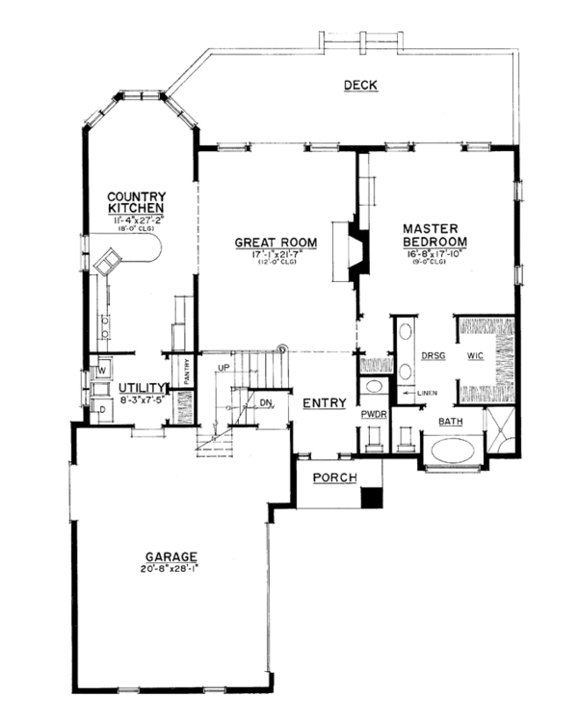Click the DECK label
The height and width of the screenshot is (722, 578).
360,87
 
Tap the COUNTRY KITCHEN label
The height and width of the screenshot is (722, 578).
136,202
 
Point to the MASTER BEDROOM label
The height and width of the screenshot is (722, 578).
435,235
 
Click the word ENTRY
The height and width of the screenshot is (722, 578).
324,402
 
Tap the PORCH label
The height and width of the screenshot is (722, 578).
334,478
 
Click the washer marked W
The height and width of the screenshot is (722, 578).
101,368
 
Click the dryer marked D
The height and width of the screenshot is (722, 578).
101,410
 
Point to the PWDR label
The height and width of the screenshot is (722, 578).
374,415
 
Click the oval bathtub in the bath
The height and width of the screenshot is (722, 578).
454,451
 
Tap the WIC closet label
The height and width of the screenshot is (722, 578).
475,355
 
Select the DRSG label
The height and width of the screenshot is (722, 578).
430,355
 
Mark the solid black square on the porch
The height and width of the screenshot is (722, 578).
372,498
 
